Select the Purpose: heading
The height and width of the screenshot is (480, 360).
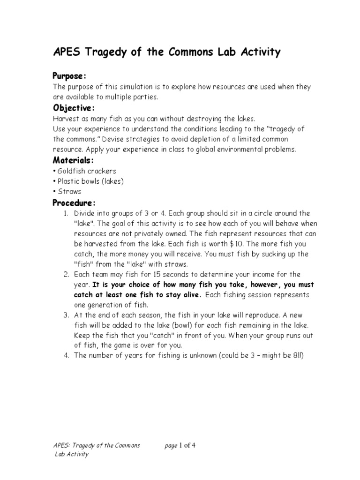(69, 76)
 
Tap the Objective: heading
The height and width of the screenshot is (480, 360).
(74, 108)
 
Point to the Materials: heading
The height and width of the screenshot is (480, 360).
(74, 161)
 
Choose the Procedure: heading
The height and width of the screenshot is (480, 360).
(74, 203)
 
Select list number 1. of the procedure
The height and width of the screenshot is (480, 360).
(66, 213)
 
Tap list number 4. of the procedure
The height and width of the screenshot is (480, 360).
(66, 356)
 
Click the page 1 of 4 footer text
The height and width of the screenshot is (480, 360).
(180, 445)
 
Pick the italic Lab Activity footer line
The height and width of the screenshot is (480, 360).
(72, 454)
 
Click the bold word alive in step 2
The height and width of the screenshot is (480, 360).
(192, 295)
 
